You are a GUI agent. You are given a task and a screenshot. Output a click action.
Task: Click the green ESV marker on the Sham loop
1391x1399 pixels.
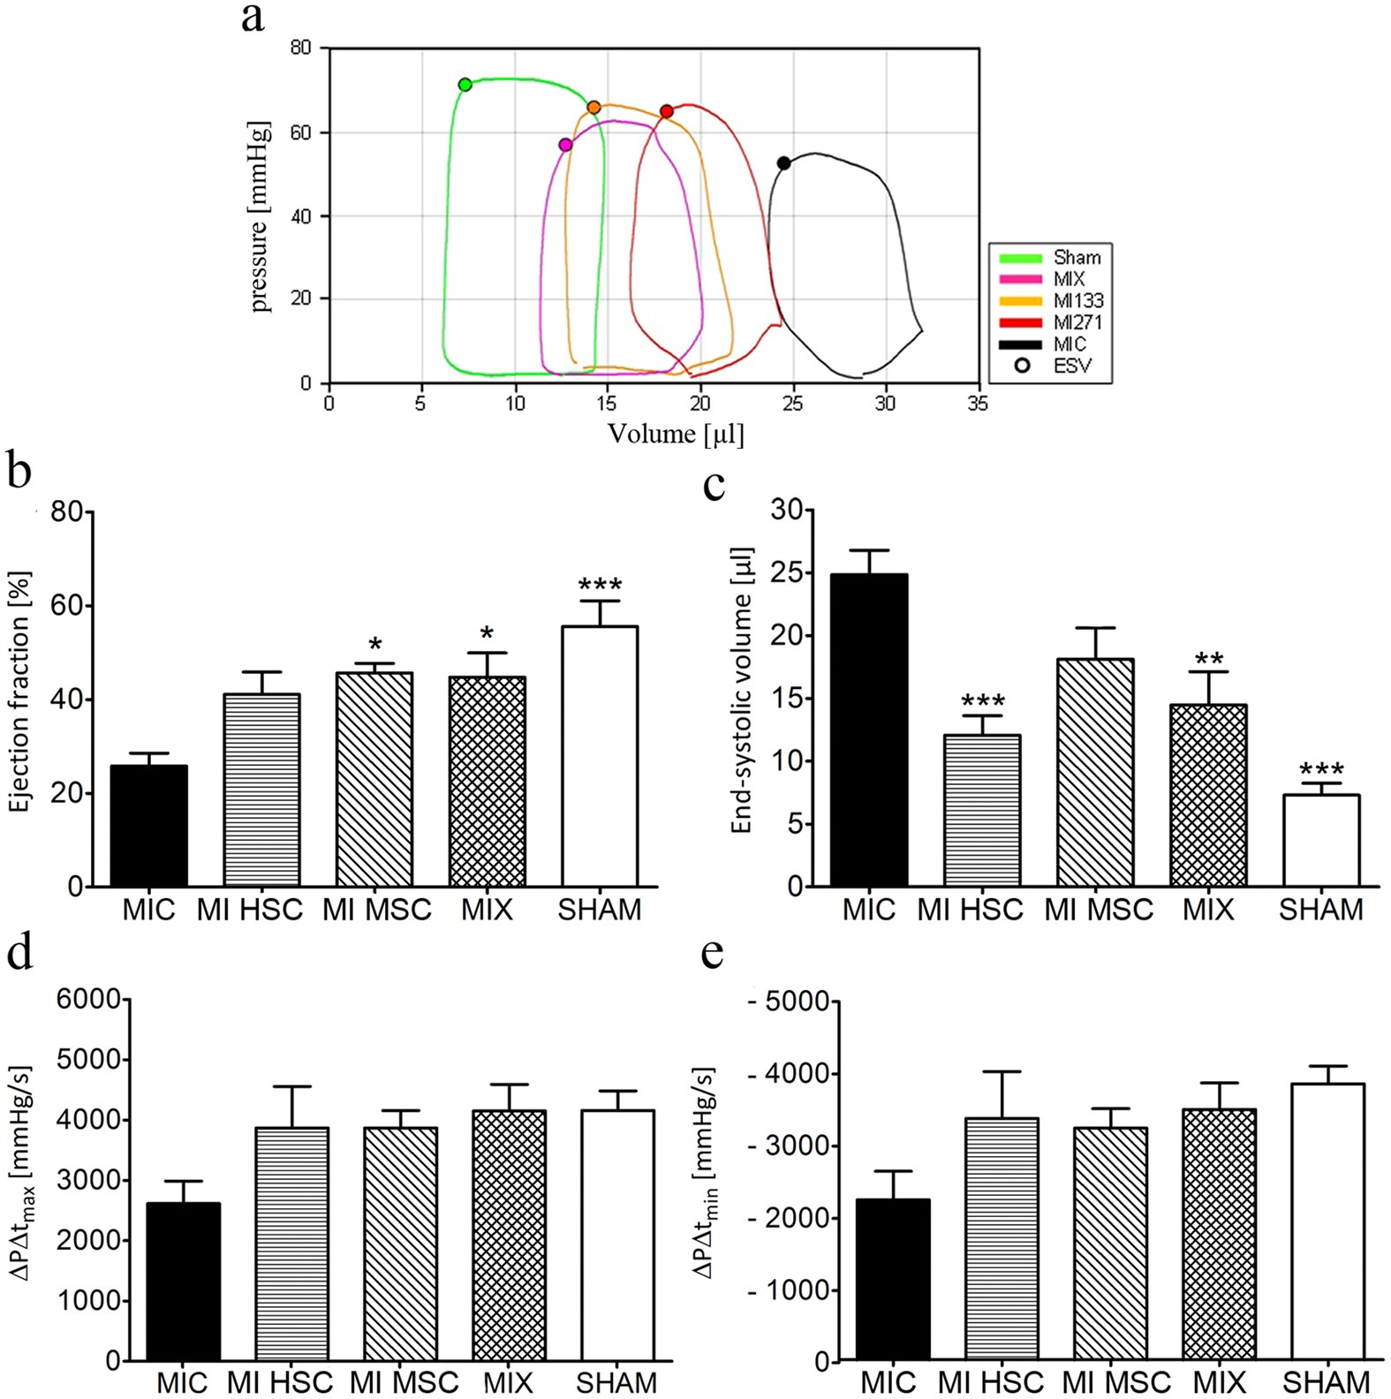pyautogui.click(x=465, y=85)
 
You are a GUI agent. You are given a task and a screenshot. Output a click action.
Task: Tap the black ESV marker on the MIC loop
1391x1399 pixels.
pyautogui.click(x=783, y=163)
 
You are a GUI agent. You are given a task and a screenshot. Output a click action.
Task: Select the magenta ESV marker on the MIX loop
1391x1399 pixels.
pyautogui.click(x=565, y=145)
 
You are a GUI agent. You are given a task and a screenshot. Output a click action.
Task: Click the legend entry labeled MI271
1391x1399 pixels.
pyautogui.click(x=1077, y=322)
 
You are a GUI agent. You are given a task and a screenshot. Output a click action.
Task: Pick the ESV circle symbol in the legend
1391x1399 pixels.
pyautogui.click(x=1022, y=366)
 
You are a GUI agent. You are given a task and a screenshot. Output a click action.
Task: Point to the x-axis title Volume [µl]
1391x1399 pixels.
pyautogui.click(x=676, y=434)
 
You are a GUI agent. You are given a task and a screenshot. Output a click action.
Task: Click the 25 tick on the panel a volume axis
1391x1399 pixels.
pyautogui.click(x=792, y=404)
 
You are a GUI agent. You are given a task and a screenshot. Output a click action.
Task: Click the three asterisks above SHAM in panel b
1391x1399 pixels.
pyautogui.click(x=600, y=586)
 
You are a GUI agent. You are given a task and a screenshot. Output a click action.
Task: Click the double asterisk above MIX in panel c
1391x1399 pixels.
pyautogui.click(x=1208, y=659)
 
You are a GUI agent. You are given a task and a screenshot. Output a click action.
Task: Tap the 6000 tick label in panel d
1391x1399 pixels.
pyautogui.click(x=88, y=999)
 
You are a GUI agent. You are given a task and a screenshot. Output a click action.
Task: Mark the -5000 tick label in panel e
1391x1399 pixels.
pyautogui.click(x=790, y=1002)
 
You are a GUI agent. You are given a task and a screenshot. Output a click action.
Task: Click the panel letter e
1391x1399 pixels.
pyautogui.click(x=711, y=953)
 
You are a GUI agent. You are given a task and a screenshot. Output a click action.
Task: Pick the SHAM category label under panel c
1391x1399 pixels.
pyautogui.click(x=1320, y=910)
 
